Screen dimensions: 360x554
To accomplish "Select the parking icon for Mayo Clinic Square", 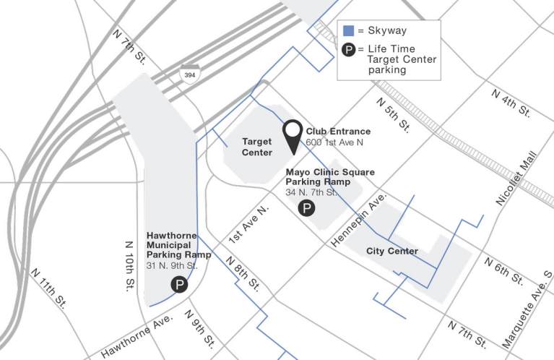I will coord(307,209).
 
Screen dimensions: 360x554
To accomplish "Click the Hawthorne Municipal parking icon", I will coord(178,285).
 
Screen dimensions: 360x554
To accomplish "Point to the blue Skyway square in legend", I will coord(348,31).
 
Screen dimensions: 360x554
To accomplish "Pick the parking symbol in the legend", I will coord(348,51).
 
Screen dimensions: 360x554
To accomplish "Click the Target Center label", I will coord(257,147).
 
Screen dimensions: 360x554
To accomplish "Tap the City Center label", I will coord(391,252).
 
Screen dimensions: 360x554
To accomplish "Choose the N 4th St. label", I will coord(511,103).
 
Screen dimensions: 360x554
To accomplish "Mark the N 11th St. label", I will coord(48,288).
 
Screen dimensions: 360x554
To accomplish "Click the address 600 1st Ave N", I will coord(334,143).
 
